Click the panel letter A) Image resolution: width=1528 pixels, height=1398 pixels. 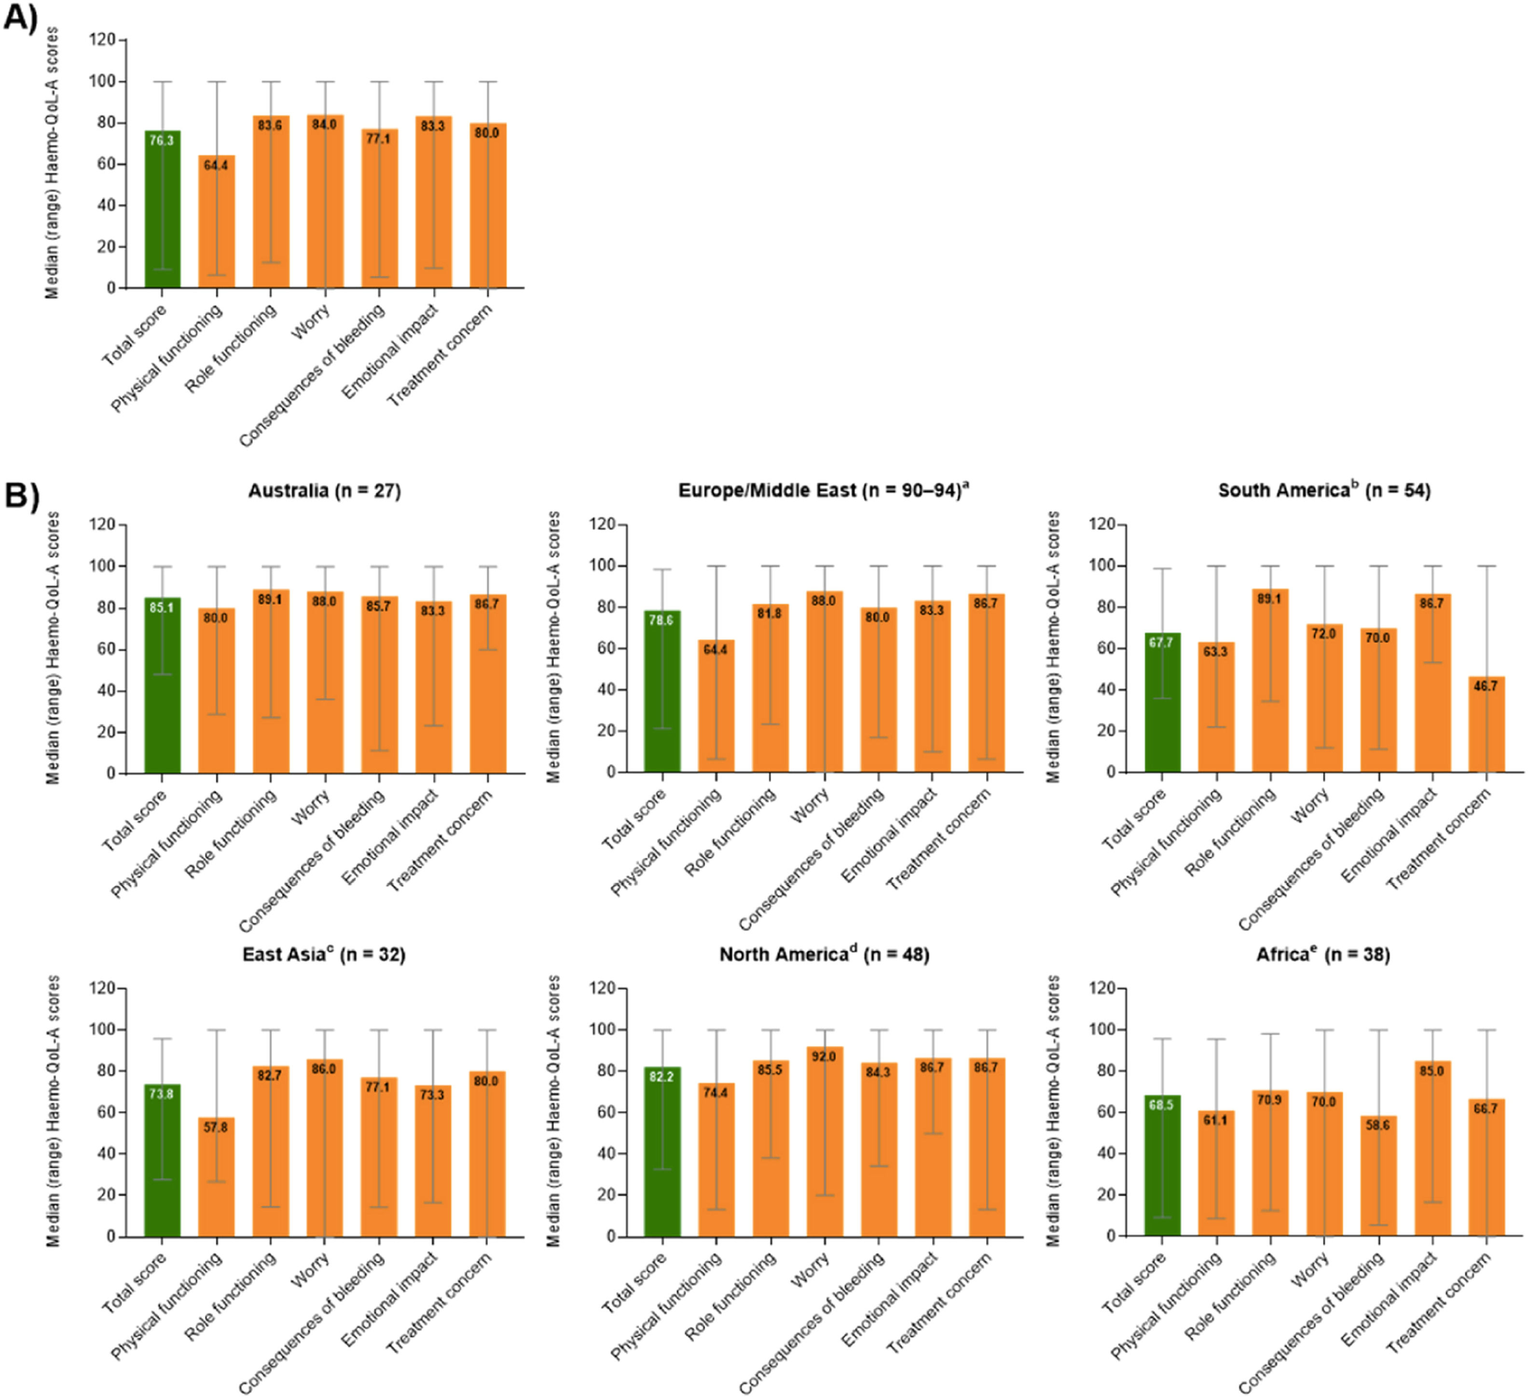pyautogui.click(x=20, y=18)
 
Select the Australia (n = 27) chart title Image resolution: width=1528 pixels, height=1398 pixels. pyautogui.click(x=324, y=491)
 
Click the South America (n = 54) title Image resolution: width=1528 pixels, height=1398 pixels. pyautogui.click(x=1324, y=491)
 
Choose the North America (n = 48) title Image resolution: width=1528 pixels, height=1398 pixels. pyautogui.click(x=824, y=955)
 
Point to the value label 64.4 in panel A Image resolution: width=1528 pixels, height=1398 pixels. pyautogui.click(x=216, y=165)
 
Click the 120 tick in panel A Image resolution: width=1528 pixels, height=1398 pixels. pyautogui.click(x=104, y=40)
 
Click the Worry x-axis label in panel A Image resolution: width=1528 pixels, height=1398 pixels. pyautogui.click(x=311, y=323)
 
